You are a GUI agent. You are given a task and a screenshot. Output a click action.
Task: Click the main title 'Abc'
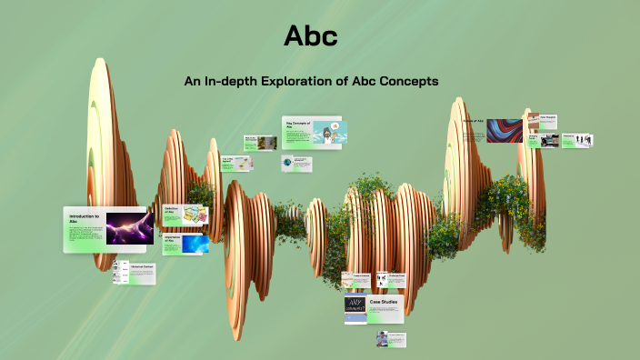click(x=311, y=35)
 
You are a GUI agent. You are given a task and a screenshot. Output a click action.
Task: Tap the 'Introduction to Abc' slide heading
click(x=85, y=218)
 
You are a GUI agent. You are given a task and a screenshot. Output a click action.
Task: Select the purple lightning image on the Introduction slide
click(x=129, y=228)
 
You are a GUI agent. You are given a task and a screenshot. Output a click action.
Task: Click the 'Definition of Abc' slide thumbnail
click(x=185, y=215)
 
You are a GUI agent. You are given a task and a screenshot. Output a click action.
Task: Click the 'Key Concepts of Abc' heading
click(x=299, y=124)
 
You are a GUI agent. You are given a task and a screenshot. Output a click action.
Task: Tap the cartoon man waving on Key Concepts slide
click(x=326, y=133)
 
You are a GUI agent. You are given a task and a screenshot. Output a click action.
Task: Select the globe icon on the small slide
click(x=288, y=163)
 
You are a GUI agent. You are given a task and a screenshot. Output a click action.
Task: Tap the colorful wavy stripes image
click(x=505, y=131)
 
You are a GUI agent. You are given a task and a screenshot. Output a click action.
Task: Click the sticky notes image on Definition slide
click(x=195, y=215)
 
